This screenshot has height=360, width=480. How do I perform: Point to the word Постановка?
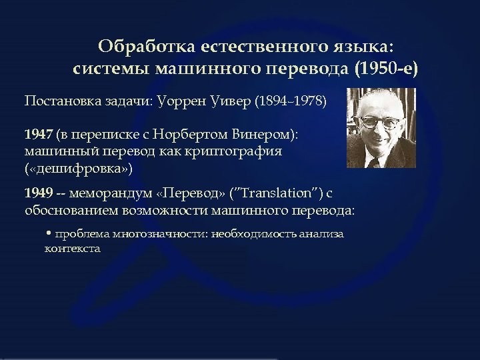click(63, 101)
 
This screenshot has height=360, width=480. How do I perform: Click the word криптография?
click(236, 151)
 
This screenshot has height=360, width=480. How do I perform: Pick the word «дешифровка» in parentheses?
click(79, 168)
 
